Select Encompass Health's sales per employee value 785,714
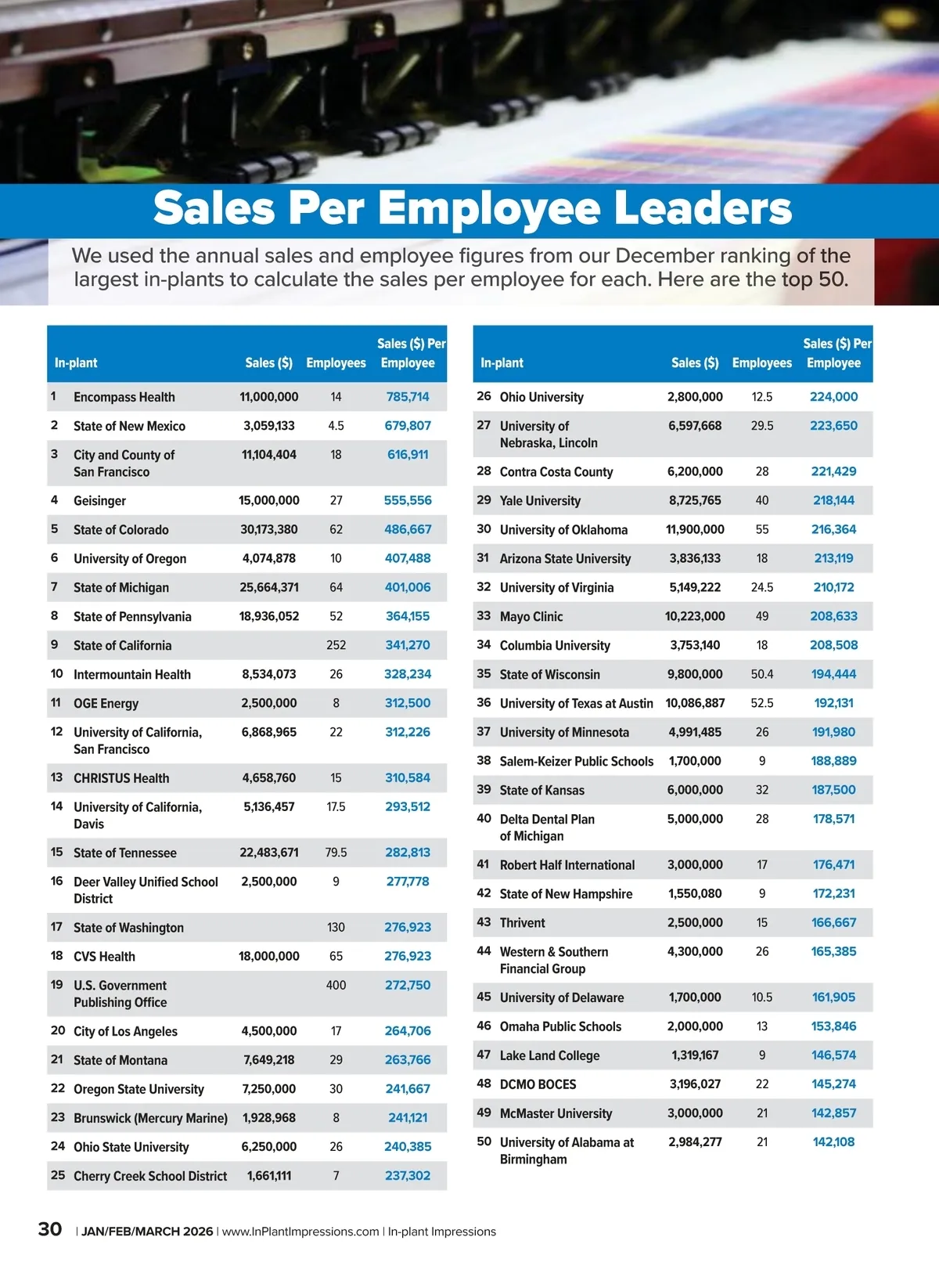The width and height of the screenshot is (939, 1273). click(408, 397)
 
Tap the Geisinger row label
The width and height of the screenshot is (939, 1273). click(99, 501)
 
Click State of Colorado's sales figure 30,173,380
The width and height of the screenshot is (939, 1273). click(268, 529)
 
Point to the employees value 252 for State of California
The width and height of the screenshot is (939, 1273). click(336, 645)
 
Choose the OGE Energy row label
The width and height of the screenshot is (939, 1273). click(106, 703)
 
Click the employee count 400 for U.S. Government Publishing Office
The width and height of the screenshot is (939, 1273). click(336, 985)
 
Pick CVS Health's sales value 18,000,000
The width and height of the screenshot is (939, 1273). click(268, 956)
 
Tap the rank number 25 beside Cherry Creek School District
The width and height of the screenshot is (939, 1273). click(58, 1175)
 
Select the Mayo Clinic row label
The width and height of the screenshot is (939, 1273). click(531, 616)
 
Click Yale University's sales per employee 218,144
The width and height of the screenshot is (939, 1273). click(833, 500)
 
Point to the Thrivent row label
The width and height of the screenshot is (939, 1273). click(522, 922)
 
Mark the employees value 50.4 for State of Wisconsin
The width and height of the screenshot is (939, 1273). click(761, 674)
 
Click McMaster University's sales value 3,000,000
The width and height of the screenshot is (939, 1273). click(695, 1113)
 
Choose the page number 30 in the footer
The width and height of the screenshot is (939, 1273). click(50, 1229)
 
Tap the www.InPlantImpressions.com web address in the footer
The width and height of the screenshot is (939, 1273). click(300, 1232)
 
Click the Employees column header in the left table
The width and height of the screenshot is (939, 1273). click(336, 363)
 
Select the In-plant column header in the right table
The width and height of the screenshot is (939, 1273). click(502, 363)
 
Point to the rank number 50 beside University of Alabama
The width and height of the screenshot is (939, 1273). click(484, 1141)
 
